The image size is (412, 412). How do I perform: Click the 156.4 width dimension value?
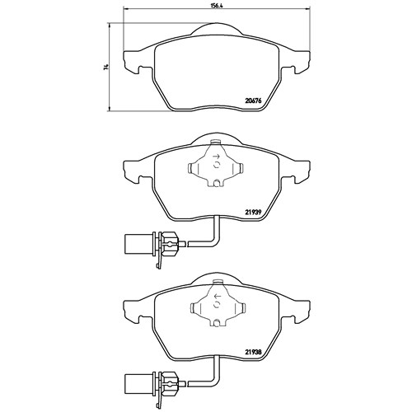tap(217, 6)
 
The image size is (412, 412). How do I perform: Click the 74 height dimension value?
tap(105, 67)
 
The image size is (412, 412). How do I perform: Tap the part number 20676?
tap(253, 101)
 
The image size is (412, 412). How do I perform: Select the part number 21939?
tap(253, 212)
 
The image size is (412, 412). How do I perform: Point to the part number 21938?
tap(253, 351)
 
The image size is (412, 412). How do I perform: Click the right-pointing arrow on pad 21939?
tap(217, 157)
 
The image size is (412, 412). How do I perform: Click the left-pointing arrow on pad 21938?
tap(217, 296)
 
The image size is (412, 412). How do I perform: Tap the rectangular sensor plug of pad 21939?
tap(138, 244)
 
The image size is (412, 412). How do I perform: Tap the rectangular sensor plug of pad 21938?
tap(138, 382)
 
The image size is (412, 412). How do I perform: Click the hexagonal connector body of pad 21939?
tap(168, 243)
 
